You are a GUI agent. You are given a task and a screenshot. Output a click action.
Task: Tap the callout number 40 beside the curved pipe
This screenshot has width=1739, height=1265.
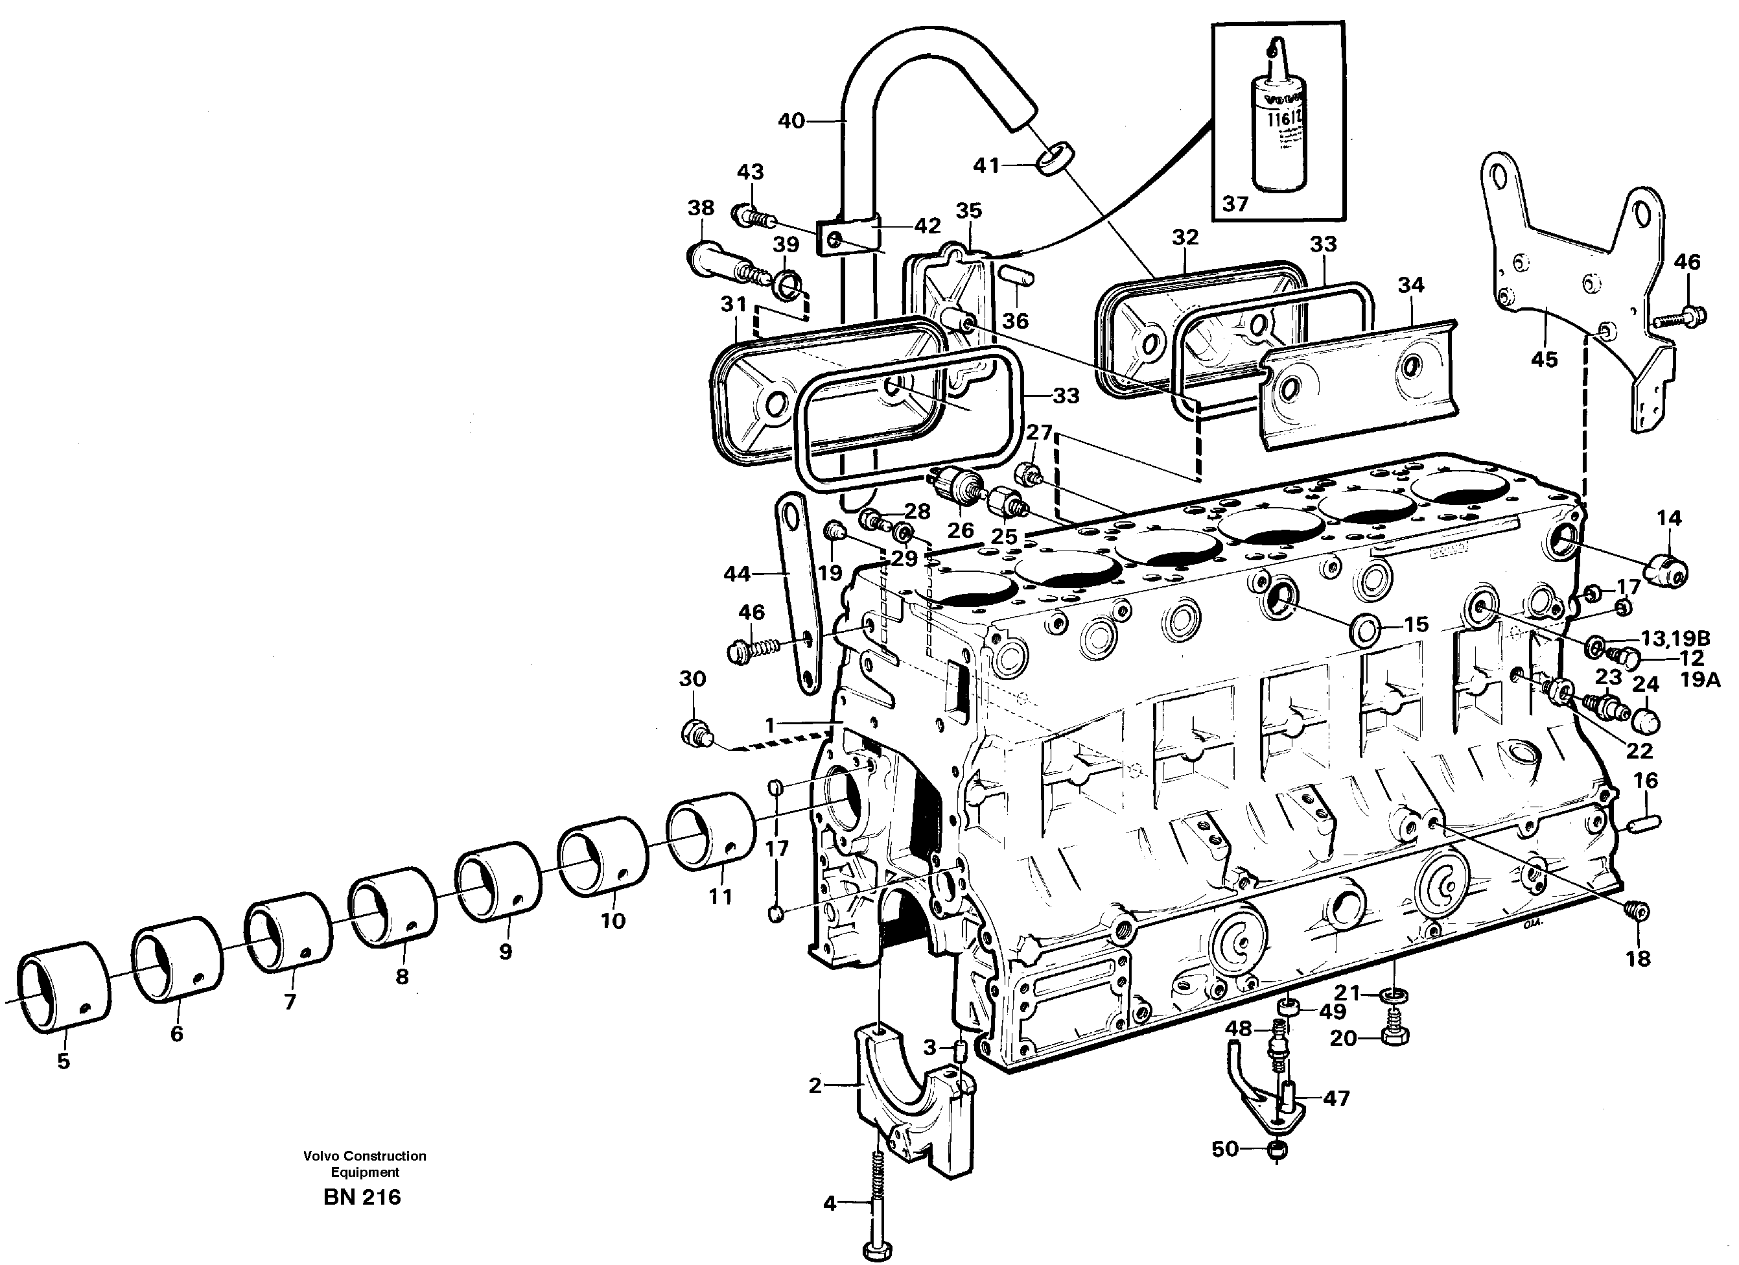pos(791,121)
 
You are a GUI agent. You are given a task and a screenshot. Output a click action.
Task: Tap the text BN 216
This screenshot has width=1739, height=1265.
pos(362,1197)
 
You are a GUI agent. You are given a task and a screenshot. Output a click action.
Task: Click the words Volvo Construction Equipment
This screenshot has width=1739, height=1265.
pos(364,1164)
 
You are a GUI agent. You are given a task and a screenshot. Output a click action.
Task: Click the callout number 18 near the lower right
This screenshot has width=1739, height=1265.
pos(1638,959)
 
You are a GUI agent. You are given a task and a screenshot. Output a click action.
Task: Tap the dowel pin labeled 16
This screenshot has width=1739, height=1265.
pos(1643,822)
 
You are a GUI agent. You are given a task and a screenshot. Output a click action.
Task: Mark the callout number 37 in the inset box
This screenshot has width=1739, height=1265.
pos(1235,204)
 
